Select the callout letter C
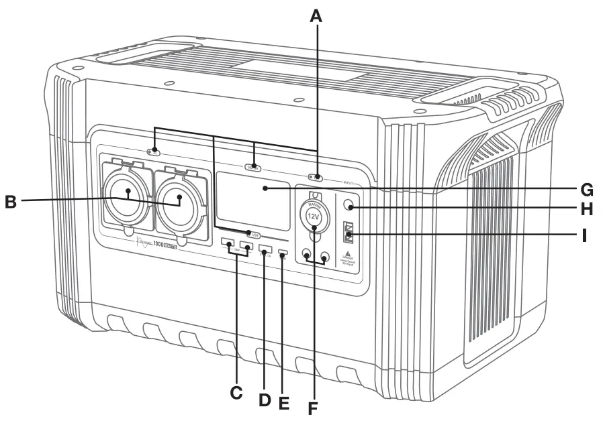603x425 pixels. click(236, 394)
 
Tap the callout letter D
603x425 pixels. click(265, 400)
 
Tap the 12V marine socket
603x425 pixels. click(314, 217)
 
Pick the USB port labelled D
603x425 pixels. click(264, 248)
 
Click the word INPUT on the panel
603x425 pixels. click(349, 182)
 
